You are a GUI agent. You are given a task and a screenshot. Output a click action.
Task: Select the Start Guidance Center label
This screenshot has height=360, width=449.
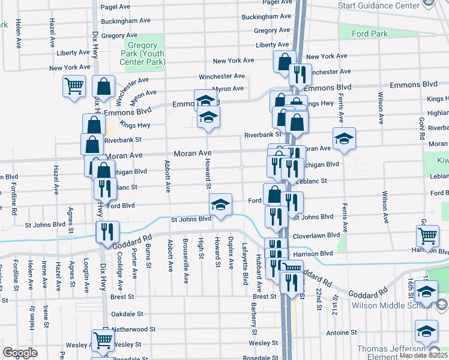[x=378, y=5]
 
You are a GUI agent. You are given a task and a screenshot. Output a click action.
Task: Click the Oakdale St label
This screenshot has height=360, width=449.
[x=127, y=314]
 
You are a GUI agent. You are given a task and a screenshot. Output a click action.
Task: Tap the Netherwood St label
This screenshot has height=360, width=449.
[x=130, y=329]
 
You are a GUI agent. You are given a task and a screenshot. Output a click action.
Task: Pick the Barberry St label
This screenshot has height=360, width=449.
[x=255, y=323]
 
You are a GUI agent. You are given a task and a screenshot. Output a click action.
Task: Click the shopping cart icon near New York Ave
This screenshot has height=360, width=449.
[x=74, y=86]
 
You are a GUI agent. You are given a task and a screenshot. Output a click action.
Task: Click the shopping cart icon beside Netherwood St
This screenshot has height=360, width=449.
[x=103, y=340]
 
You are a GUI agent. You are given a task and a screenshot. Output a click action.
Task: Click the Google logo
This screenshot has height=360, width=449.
[x=20, y=352]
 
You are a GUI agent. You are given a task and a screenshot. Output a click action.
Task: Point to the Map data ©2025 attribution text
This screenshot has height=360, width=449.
[x=423, y=355]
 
